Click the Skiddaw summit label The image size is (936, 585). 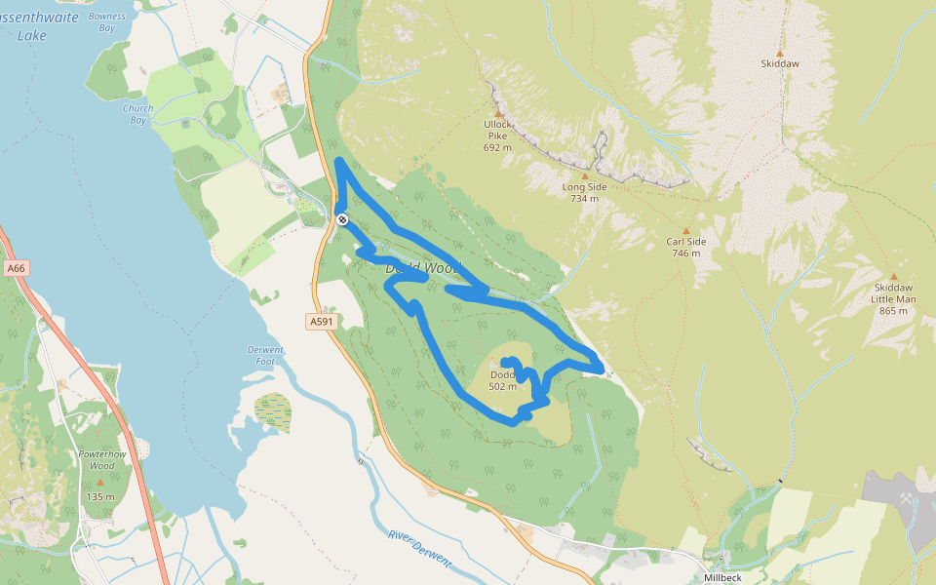coord(779,63)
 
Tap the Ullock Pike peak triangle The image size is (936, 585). coord(497,113)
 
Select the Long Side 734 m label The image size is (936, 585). coord(584,192)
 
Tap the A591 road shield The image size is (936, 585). coord(321,322)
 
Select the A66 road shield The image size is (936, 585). coord(15,267)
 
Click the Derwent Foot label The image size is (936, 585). coord(265,355)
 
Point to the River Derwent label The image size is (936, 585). coord(418,548)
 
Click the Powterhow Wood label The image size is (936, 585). coord(97,459)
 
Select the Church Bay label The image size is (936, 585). coord(137,114)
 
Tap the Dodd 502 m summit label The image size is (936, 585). coord(502,380)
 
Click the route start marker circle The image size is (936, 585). coord(342,219)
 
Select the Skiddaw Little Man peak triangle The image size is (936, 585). coord(893,277)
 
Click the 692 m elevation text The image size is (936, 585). coord(497,148)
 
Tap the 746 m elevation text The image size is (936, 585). coord(685,253)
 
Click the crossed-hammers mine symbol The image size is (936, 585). coord(907,498)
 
